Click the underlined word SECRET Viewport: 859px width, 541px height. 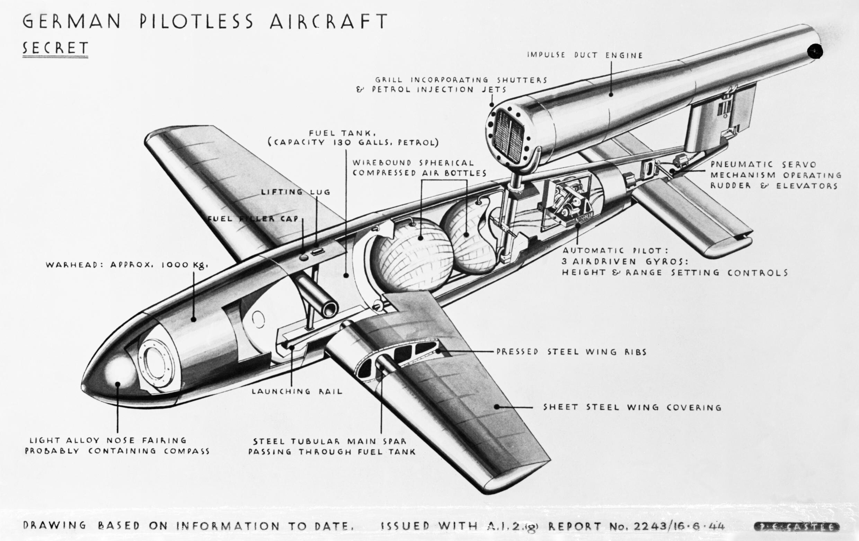pyautogui.click(x=55, y=48)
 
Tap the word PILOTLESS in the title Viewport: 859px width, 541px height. pyautogui.click(x=196, y=21)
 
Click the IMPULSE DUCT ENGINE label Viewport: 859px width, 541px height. pyautogui.click(x=585, y=55)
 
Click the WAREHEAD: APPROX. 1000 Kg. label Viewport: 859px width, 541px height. pyautogui.click(x=127, y=265)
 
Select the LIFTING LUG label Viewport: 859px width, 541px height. pyautogui.click(x=295, y=192)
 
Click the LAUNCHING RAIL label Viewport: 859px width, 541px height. pyautogui.click(x=297, y=391)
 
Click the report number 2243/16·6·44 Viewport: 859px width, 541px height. pyautogui.click(x=678, y=526)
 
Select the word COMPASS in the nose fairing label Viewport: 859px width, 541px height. pyautogui.click(x=187, y=451)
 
